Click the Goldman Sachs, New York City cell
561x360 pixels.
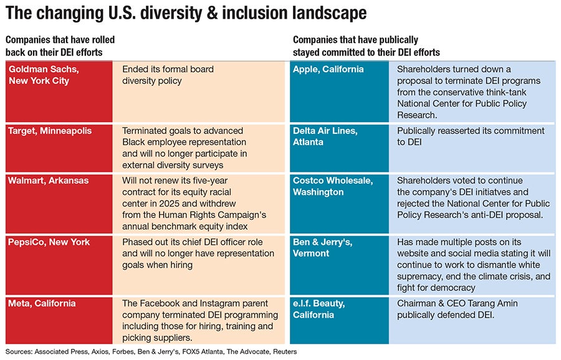(39, 75)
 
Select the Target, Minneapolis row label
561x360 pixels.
(50, 131)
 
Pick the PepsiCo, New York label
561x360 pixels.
(49, 242)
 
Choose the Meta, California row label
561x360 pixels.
(42, 304)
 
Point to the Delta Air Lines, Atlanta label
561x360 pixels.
(325, 136)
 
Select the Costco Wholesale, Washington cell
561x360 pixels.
(332, 186)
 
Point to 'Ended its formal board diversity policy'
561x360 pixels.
(168, 75)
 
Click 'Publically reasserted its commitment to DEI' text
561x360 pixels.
(471, 136)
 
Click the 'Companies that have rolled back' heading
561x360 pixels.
(60, 45)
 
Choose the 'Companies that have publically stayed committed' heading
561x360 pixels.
(366, 45)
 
